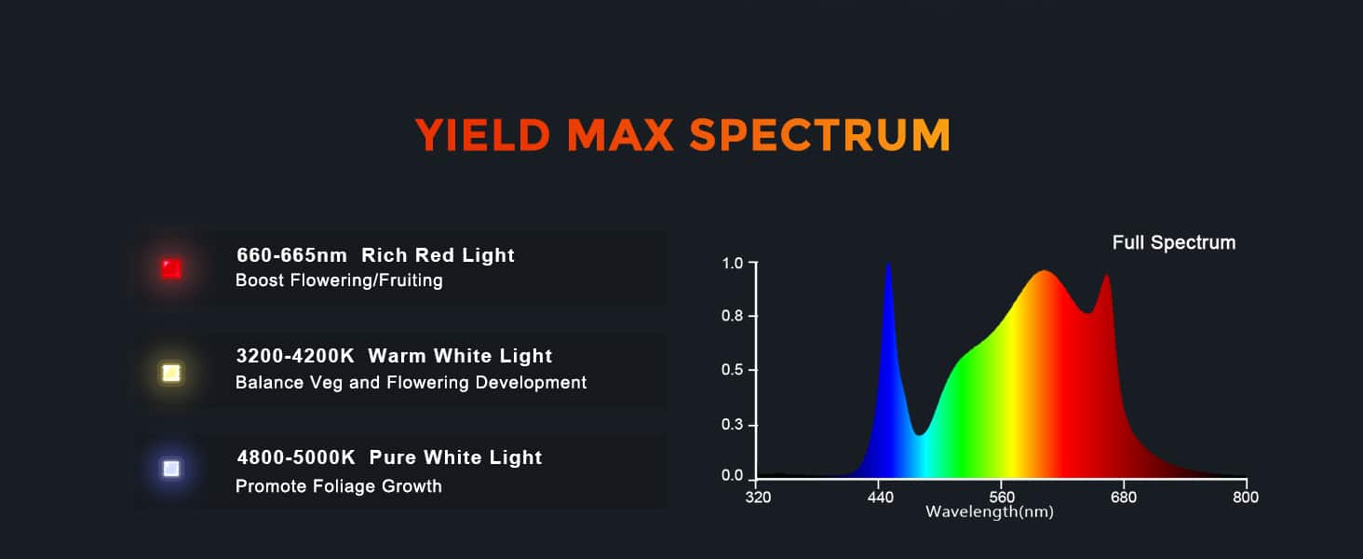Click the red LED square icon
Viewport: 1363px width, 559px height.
coord(171,268)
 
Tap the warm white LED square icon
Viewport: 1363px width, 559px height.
coord(171,373)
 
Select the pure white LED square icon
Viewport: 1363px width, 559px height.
coord(171,469)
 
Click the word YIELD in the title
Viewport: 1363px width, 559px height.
coord(483,134)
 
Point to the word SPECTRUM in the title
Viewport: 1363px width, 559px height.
coord(820,134)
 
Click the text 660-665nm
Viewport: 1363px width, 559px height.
coord(291,255)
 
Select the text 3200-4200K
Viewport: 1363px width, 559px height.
coord(295,356)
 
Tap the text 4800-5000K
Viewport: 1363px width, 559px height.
coord(296,457)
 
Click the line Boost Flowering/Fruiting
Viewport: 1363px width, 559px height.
coord(339,280)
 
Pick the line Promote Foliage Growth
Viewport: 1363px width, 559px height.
coord(338,486)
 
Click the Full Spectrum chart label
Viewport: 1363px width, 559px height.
coord(1174,242)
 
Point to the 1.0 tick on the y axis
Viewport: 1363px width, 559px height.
coord(753,263)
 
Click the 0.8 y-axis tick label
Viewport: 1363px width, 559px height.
coord(732,316)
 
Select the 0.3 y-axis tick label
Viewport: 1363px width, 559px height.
coord(732,424)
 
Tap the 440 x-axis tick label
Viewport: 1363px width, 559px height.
coord(880,498)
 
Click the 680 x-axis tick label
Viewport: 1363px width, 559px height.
coord(1123,498)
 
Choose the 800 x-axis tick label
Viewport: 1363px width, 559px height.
coord(1246,498)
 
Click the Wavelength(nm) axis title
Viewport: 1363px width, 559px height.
coord(990,511)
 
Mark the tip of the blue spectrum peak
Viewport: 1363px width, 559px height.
coord(888,264)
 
